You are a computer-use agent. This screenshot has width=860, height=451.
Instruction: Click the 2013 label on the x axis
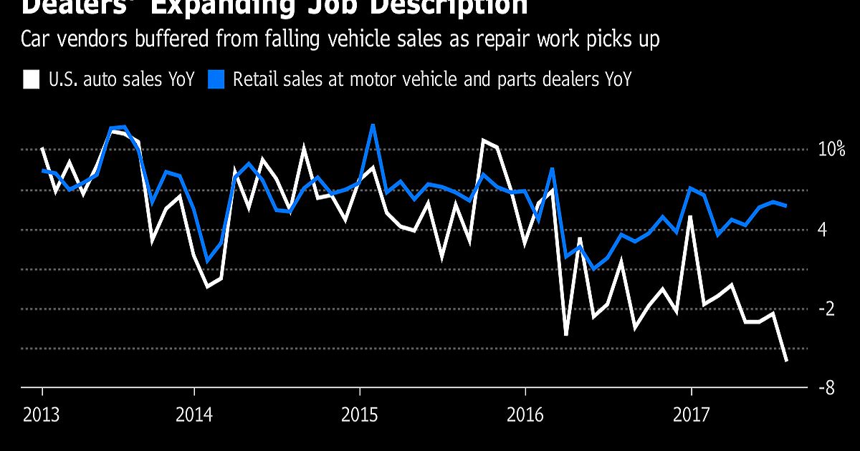point(42,414)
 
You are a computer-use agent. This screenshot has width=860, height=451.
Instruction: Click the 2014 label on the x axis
point(193,414)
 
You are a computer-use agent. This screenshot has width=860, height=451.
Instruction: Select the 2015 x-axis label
point(360,414)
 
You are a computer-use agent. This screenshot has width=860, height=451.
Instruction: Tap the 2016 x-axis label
point(525,414)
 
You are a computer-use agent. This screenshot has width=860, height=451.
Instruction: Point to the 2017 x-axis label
point(691,414)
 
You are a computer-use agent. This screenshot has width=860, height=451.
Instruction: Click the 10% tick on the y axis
point(832,150)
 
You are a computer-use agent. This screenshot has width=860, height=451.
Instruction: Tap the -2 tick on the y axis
point(826,309)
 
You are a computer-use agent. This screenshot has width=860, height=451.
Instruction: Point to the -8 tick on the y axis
point(826,389)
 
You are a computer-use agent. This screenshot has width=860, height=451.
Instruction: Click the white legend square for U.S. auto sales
point(31,79)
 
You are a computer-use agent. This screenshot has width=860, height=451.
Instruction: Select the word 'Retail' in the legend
point(254,79)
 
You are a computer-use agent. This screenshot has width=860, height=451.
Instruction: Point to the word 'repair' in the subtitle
point(514,39)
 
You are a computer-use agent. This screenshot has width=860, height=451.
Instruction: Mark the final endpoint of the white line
point(787,361)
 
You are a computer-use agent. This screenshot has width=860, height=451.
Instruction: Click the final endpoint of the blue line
point(787,205)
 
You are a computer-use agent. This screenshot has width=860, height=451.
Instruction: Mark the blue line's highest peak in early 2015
point(373,126)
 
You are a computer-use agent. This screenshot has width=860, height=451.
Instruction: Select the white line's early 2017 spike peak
point(690,216)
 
